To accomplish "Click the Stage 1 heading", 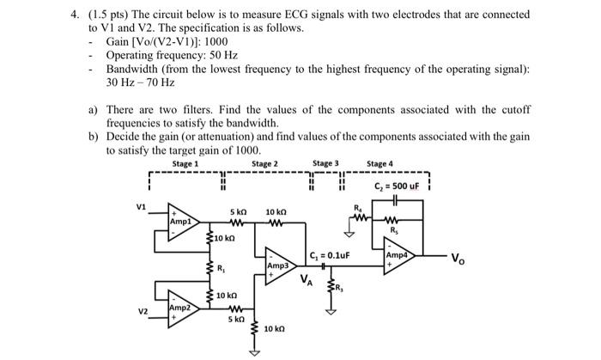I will [185, 163].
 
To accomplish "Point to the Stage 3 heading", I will [325, 163].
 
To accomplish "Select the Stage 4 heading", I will [379, 163].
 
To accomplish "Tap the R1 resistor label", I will [223, 268].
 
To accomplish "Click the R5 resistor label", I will [395, 229].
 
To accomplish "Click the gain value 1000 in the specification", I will [216, 41].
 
